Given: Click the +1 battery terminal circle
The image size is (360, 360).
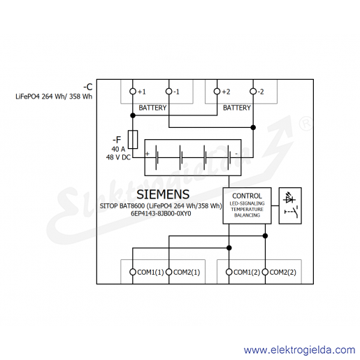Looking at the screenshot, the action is (x=133, y=92).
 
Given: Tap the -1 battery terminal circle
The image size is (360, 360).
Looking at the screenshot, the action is (x=168, y=92).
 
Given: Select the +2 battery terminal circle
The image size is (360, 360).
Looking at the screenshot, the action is (x=217, y=92).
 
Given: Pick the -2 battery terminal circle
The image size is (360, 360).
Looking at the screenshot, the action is (x=253, y=92).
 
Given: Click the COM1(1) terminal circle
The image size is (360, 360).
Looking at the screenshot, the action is (x=133, y=272).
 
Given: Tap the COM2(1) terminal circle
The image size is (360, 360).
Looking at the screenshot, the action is (x=168, y=272).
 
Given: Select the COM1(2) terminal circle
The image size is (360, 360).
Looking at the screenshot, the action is (x=229, y=272).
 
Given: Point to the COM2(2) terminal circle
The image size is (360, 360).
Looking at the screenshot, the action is (x=265, y=272).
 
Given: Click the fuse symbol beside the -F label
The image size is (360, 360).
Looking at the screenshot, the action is (x=133, y=139).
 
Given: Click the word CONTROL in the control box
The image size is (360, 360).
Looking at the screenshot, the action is (x=247, y=196).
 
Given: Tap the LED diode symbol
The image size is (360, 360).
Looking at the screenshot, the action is (x=289, y=198).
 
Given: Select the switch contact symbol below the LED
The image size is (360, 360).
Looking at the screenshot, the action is (x=291, y=212).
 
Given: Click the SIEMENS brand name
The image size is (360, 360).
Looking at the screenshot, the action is (x=163, y=194).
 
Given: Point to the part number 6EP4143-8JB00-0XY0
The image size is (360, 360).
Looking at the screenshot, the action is (x=161, y=214).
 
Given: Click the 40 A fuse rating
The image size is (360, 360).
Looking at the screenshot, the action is (x=118, y=149).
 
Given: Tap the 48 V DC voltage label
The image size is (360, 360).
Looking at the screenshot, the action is (x=118, y=157).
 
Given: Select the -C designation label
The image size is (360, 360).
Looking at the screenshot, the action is (x=88, y=87).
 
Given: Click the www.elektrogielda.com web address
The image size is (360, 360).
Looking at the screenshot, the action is (x=300, y=350).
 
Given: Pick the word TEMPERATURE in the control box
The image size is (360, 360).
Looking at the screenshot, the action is (x=247, y=209).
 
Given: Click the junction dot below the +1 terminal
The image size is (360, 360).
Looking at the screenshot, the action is (x=133, y=115).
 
